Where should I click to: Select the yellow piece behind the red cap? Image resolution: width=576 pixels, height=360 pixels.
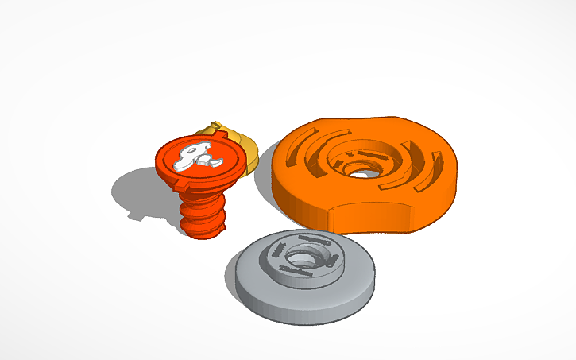[246, 151]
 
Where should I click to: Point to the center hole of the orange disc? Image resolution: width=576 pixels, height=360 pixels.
[361, 168]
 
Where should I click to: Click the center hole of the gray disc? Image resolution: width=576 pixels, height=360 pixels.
[302, 260]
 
